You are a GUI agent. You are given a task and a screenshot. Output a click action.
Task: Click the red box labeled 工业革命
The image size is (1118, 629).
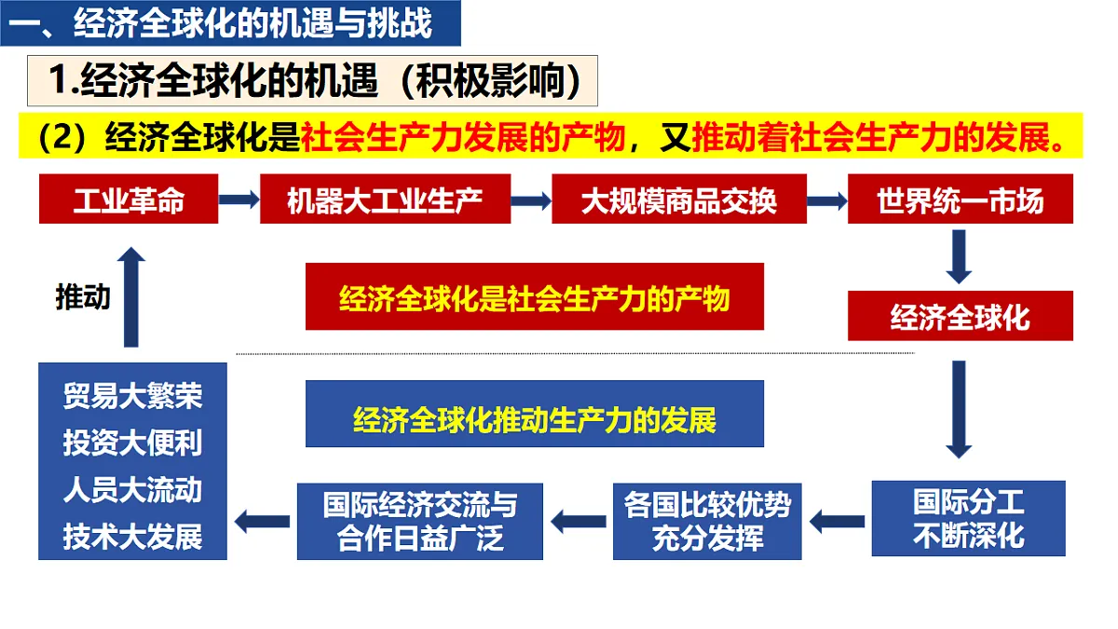[x=129, y=198]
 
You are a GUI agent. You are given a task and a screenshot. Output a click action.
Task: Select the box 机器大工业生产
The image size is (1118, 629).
[x=386, y=198]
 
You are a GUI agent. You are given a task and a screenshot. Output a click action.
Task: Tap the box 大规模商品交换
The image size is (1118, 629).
[x=679, y=198]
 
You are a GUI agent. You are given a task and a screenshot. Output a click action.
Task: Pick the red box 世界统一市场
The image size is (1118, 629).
[x=961, y=198]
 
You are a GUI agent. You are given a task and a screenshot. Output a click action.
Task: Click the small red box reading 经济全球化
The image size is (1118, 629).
[x=961, y=316]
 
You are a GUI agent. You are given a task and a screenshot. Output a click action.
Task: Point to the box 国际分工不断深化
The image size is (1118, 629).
[x=969, y=519]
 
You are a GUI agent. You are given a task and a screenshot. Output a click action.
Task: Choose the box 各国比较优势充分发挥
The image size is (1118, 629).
[x=707, y=522]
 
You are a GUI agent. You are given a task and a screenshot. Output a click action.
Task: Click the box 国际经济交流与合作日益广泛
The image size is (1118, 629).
[x=420, y=522]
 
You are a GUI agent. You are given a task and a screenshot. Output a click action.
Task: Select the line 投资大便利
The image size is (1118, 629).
[x=132, y=443]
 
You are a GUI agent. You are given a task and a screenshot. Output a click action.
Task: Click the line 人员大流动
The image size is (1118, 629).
[x=132, y=489]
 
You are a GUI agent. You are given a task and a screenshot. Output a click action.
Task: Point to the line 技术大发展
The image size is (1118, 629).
[x=132, y=537]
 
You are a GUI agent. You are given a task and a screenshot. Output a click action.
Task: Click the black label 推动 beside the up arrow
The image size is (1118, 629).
[x=83, y=297]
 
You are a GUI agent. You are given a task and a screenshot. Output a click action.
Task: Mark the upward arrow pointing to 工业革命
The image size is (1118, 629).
[x=131, y=297]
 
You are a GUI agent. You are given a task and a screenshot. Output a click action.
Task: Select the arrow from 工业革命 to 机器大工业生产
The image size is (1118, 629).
[x=239, y=199]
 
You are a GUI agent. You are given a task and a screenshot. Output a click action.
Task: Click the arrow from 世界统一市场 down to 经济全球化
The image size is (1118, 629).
[x=959, y=256]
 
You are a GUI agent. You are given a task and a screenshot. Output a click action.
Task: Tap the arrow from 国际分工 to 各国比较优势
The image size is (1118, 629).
[x=837, y=522]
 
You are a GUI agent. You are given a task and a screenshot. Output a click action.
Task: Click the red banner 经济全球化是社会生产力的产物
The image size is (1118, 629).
[x=535, y=296]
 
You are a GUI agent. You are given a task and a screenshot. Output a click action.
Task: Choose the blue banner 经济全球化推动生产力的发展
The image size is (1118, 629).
[x=535, y=414]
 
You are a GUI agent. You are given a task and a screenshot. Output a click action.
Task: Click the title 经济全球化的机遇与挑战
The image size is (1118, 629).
[x=252, y=23]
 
